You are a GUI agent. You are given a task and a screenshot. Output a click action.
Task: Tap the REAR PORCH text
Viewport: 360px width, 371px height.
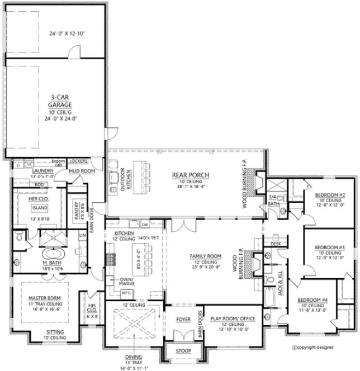[190, 175]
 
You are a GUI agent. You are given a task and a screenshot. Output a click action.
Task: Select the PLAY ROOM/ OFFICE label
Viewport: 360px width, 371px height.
[232, 319]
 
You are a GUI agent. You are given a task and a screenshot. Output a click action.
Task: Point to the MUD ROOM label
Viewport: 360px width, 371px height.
[82, 171]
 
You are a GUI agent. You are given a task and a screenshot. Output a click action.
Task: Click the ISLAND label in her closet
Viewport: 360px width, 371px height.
[41, 206]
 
